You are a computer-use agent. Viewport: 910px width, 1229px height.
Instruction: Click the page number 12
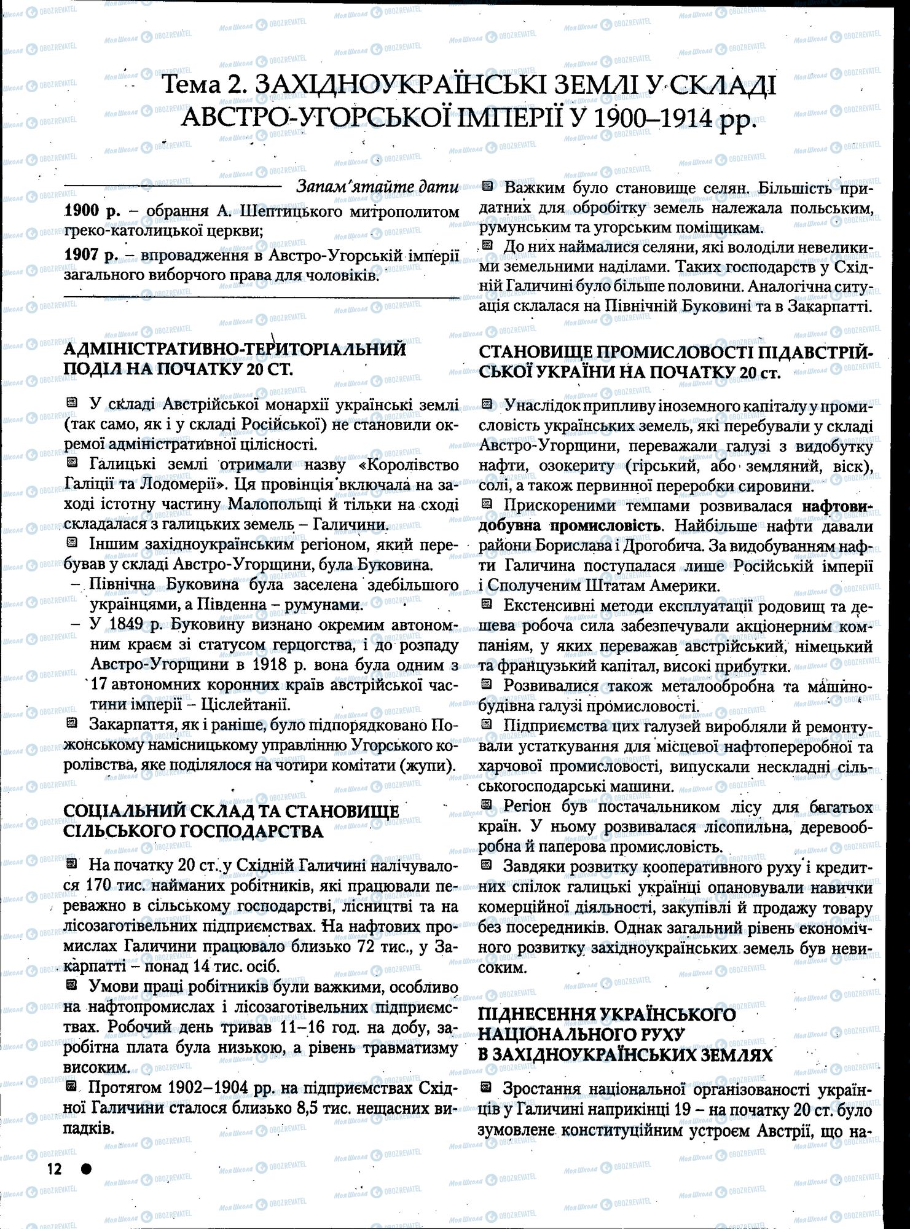55,1169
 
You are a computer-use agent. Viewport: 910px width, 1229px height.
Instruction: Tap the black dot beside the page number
86,1169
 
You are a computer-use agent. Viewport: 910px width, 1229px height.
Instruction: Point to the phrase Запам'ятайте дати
377,187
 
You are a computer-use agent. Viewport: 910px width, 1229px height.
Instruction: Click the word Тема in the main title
197,87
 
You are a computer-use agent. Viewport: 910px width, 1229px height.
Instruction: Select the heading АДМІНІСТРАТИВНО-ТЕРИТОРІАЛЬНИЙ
235,350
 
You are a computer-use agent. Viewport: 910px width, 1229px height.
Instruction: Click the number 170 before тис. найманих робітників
84,887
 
